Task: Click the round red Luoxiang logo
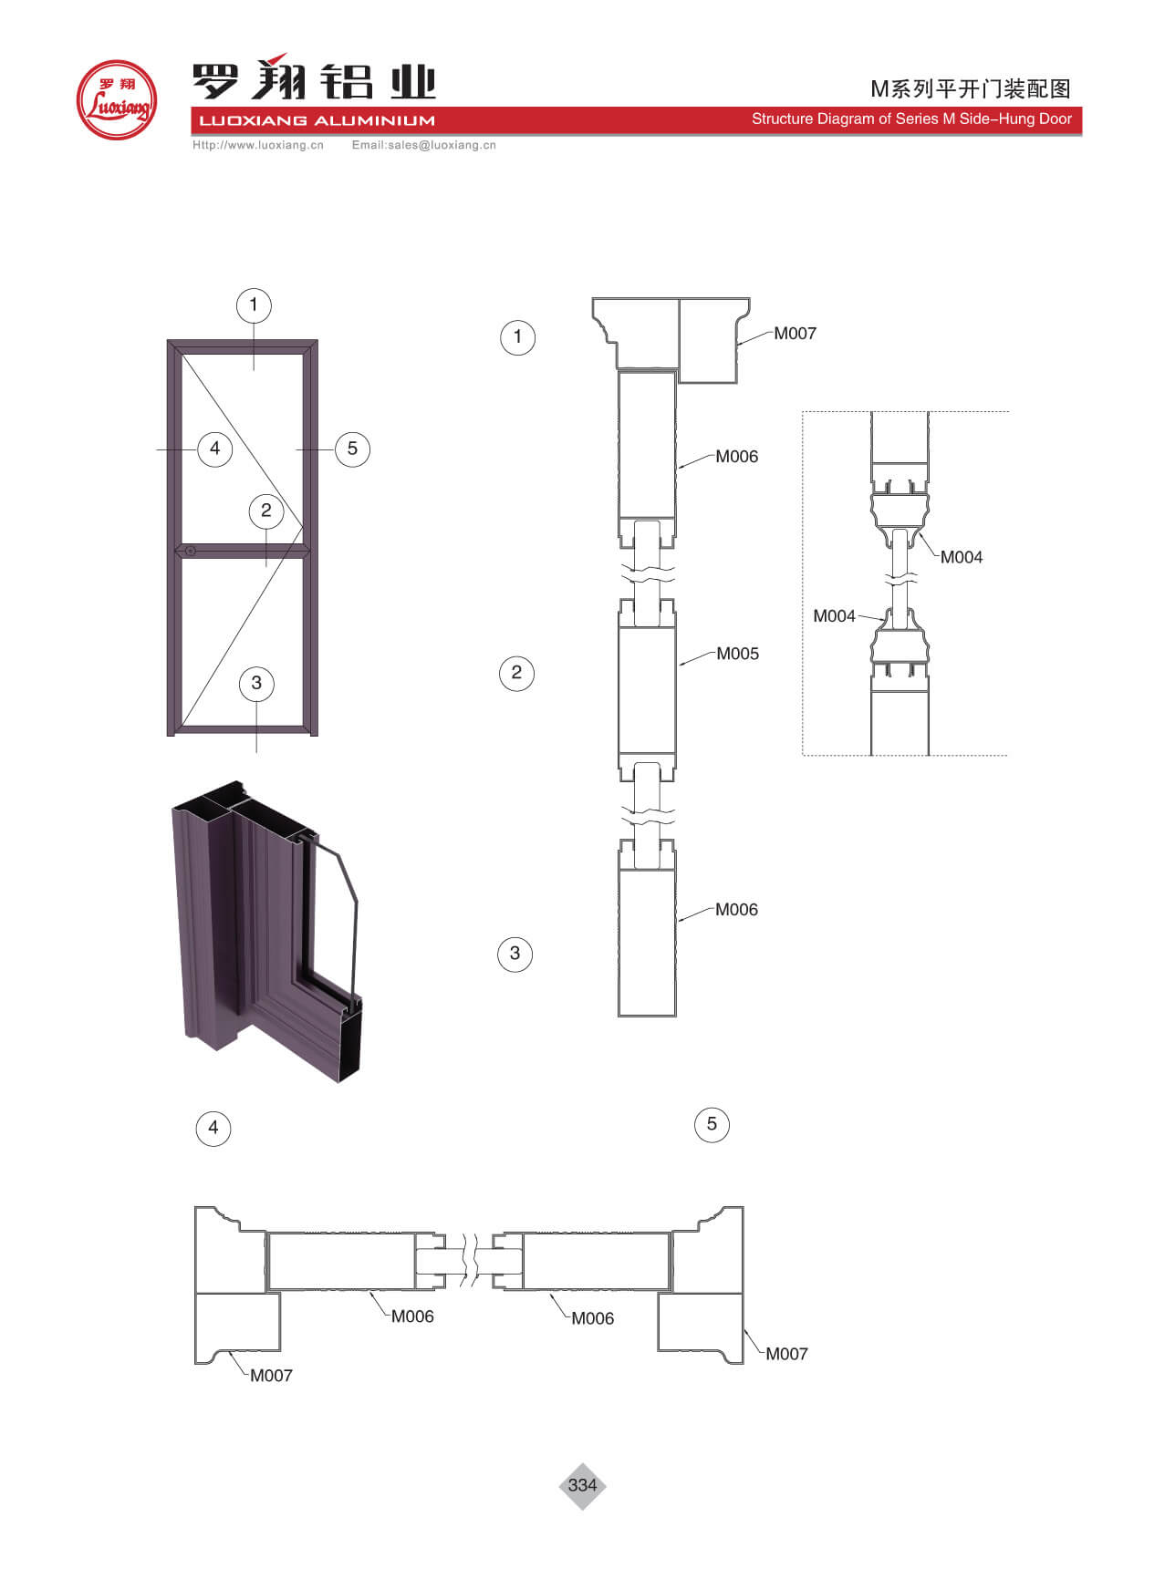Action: tap(116, 99)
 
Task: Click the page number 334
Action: tap(582, 1485)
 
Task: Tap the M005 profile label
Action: tap(737, 654)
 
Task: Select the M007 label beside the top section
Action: tap(795, 334)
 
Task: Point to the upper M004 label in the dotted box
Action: tap(962, 557)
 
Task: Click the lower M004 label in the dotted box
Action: tap(834, 616)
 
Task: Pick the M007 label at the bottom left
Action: tap(271, 1376)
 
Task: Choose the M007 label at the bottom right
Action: tap(786, 1354)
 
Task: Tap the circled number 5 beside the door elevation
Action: tap(352, 449)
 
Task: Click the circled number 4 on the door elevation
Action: tap(214, 449)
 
